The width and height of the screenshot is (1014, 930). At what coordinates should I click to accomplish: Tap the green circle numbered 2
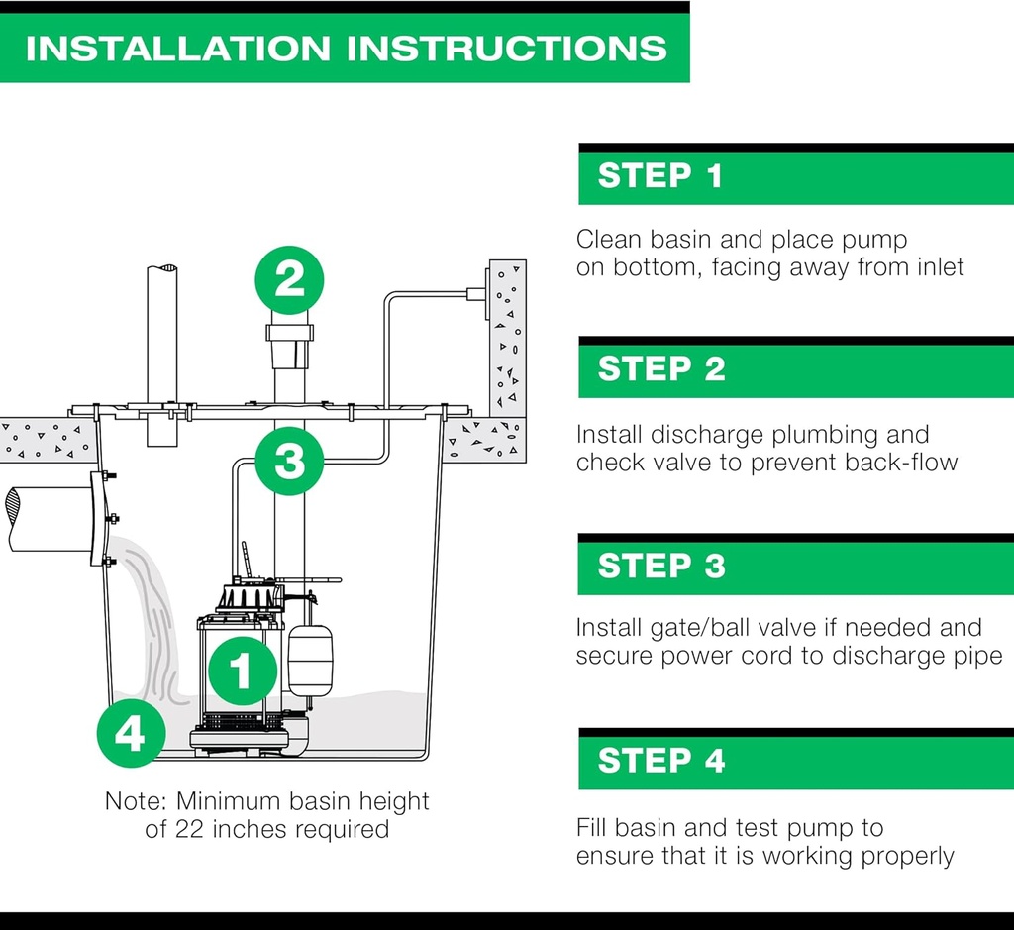289,280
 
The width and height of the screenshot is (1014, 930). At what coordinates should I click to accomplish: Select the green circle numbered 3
289,462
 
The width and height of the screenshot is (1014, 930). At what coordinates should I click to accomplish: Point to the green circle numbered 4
132,733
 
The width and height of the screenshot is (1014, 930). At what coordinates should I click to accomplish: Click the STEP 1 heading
659,176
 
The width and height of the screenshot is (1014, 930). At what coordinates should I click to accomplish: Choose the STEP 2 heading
660,368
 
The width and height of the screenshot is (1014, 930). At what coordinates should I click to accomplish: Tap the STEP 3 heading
660,566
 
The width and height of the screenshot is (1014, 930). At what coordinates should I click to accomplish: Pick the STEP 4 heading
660,760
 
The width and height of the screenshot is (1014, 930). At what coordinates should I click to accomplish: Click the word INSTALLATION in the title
178,49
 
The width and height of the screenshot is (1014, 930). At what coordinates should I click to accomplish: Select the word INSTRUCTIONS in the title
507,49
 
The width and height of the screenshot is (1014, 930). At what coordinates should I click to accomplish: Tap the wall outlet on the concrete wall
477,294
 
